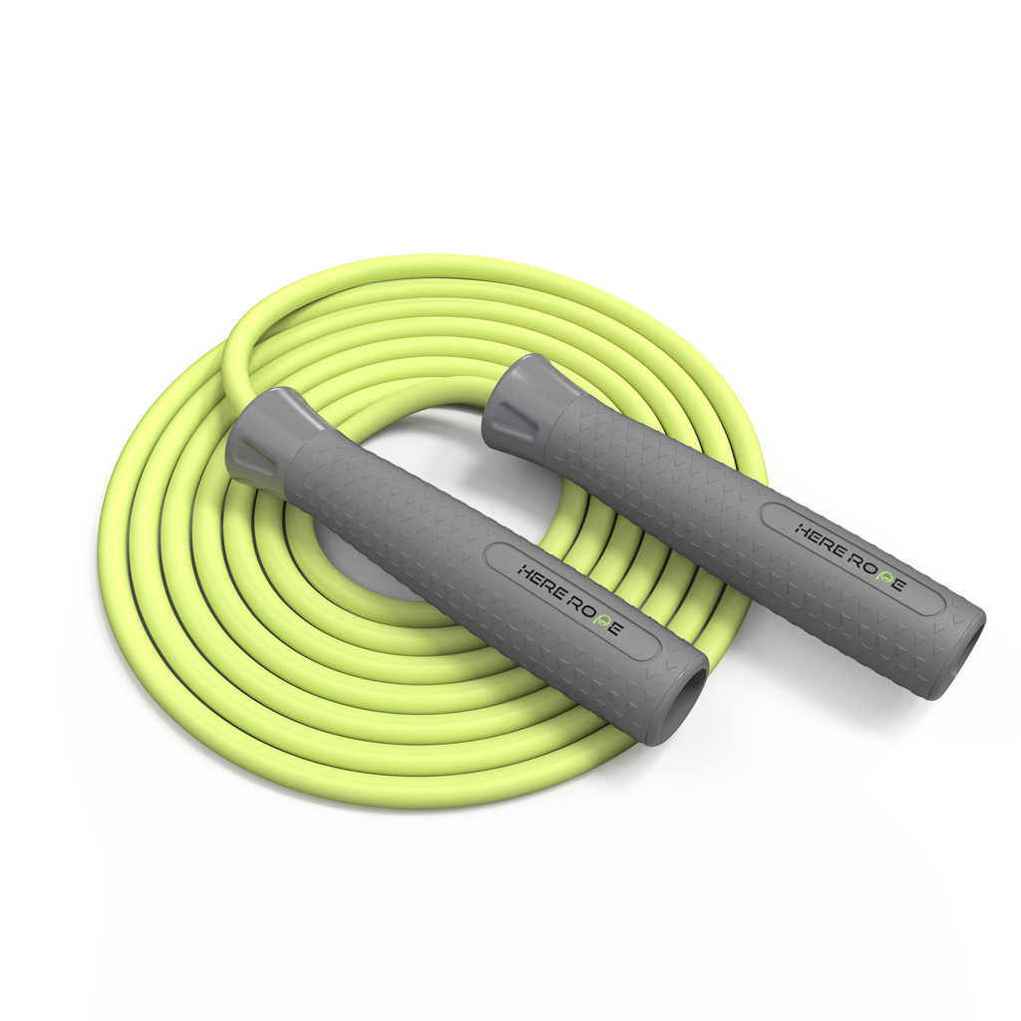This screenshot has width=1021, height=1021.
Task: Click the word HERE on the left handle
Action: coord(540,583)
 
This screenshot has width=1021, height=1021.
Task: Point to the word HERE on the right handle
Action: coord(820,539)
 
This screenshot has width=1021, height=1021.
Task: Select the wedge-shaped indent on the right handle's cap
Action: coord(515,416)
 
